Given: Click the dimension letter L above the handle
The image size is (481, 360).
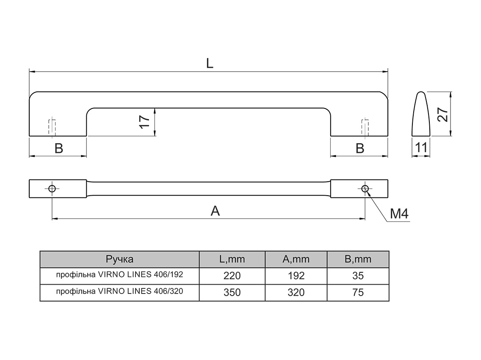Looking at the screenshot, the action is click(210, 63).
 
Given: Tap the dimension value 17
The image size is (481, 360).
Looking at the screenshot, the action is click(144, 122).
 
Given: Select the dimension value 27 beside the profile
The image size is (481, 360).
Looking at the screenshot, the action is click(442, 114).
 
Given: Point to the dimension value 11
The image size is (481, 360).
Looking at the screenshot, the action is click(421, 148).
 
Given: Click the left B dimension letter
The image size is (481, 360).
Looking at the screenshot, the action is click(58, 148).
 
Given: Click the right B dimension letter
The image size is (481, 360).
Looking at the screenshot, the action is click(360, 148).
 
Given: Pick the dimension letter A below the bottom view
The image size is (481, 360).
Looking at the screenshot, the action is click(216, 211).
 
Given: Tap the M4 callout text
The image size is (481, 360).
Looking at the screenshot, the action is click(399, 213).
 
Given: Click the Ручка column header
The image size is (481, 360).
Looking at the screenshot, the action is click(120, 259).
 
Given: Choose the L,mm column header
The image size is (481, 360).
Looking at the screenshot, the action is click(232, 259).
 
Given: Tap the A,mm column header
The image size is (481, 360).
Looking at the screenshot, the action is click(296, 259).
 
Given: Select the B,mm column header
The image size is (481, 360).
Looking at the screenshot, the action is click(358, 259).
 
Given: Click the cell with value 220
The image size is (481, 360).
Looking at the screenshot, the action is click(232, 276).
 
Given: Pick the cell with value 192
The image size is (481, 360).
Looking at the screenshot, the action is click(296, 276).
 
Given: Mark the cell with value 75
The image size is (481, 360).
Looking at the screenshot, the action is click(358, 292).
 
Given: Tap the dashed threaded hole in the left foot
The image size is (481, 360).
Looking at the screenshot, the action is click(52, 127).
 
